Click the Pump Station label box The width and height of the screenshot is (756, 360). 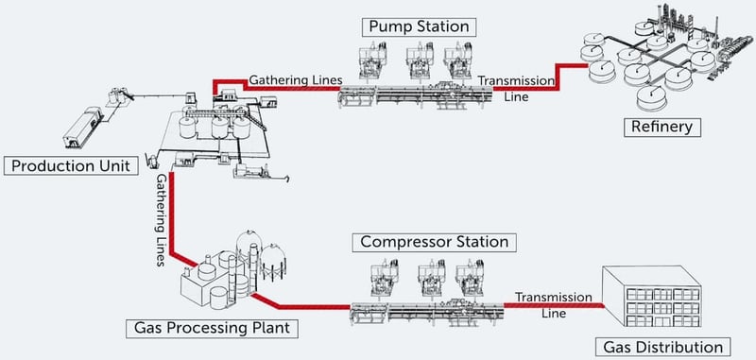417,26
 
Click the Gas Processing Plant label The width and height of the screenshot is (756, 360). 208,329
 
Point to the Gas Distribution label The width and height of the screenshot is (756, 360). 667,346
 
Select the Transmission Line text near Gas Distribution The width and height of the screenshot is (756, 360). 545,300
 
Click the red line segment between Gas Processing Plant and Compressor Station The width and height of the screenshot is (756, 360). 302,308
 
